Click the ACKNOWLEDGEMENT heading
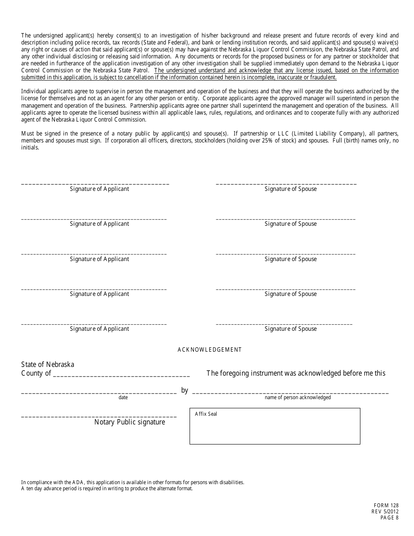pyautogui.click(x=209, y=349)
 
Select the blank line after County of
pyautogui.click(x=121, y=375)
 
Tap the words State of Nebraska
pyautogui.click(x=48, y=364)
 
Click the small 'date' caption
pyautogui.click(x=123, y=397)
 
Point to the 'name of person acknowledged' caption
pyautogui.click(x=298, y=397)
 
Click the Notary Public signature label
pyautogui.click(x=130, y=422)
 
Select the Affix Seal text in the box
pyautogui.click(x=206, y=414)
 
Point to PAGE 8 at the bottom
pyautogui.click(x=389, y=518)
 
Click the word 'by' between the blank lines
pyautogui.click(x=184, y=390)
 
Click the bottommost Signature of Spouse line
pyautogui.click(x=284, y=324)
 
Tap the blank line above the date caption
pyautogui.click(x=98, y=393)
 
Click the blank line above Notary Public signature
pyautogui.click(x=98, y=417)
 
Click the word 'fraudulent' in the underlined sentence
pyautogui.click(x=321, y=77)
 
